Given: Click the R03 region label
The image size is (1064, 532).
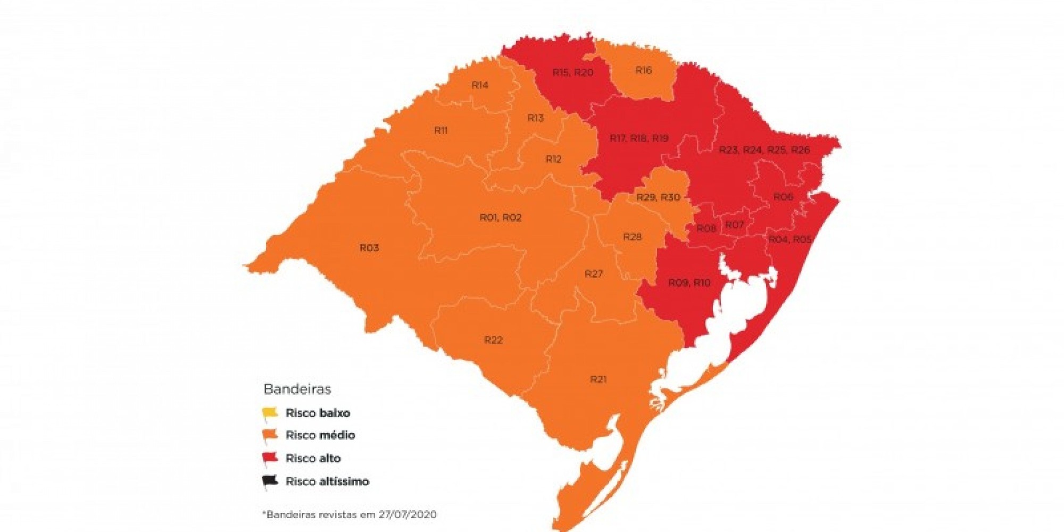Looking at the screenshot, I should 369,248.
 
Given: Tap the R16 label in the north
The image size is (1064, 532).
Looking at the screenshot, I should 643,70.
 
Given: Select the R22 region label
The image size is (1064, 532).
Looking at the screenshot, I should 493,340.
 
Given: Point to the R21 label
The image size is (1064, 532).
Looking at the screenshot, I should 598,379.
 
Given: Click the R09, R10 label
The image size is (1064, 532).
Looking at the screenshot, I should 689,282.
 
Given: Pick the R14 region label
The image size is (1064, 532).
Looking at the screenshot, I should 480,85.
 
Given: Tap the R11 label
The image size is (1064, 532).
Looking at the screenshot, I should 440,130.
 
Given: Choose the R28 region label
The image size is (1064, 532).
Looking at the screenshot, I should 632,237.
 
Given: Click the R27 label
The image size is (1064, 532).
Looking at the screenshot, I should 594,274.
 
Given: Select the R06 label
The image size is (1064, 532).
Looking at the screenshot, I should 783,197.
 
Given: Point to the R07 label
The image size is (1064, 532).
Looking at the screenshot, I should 734,225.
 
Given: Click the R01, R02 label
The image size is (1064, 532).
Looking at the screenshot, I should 501,218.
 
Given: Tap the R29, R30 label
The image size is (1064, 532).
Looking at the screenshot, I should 658,197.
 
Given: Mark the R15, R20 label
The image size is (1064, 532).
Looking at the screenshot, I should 572,72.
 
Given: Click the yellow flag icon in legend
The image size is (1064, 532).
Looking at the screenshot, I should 270,413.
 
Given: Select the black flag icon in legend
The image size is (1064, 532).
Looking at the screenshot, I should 270,481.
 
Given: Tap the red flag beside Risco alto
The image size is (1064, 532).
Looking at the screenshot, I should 270,458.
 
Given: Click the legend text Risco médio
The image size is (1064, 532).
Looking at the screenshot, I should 320,435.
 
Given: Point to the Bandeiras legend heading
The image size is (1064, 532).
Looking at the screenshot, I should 297,389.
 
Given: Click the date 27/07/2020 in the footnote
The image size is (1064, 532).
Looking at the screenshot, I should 408,514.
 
